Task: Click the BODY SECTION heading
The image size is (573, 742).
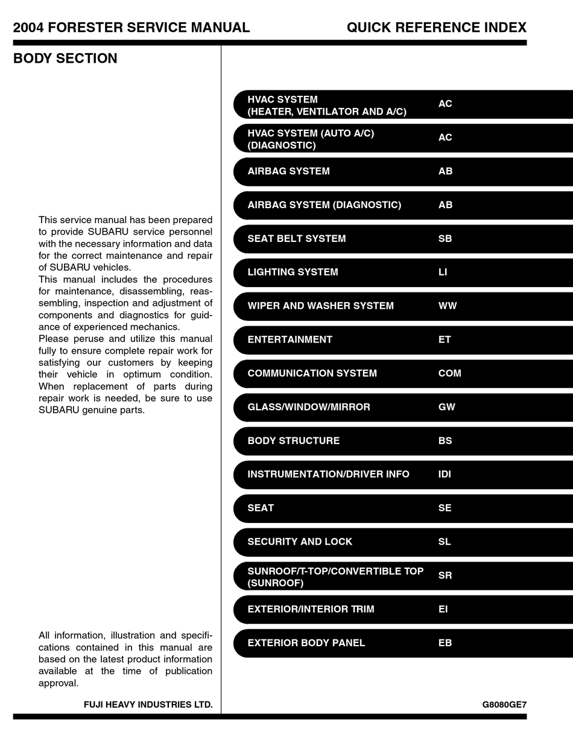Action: click(65, 59)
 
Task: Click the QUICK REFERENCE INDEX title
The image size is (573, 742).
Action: click(436, 27)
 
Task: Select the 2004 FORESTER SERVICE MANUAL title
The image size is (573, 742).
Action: click(131, 27)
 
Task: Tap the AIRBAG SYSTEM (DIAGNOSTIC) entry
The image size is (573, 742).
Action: click(324, 205)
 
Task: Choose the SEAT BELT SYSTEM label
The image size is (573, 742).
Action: click(296, 239)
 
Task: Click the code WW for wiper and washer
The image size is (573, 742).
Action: click(447, 306)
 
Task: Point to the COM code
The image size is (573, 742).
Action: click(449, 373)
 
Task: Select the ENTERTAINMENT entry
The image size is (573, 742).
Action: click(290, 340)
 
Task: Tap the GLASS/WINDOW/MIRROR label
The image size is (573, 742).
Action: click(308, 407)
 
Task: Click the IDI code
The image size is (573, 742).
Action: click(445, 474)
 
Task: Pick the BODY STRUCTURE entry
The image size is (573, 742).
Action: click(293, 441)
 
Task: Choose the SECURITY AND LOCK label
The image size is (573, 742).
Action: click(300, 542)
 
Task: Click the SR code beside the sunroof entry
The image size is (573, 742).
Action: click(445, 576)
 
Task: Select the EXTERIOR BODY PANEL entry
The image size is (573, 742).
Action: click(306, 643)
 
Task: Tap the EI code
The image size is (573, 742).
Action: click(443, 609)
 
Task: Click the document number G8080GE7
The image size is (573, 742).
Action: click(504, 705)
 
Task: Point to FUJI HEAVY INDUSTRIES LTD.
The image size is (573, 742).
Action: click(148, 705)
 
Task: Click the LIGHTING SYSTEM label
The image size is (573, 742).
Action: click(293, 272)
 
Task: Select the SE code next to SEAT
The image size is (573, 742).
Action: click(445, 508)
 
